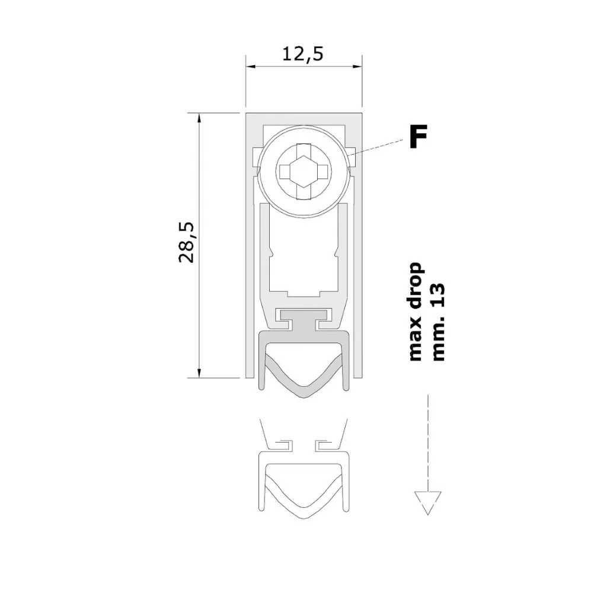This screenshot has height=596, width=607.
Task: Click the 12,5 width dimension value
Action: [x=302, y=54]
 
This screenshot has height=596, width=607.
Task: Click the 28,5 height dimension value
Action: [x=187, y=242]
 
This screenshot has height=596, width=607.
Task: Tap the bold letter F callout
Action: [x=418, y=136]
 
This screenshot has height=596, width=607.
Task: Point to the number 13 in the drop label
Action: [x=438, y=295]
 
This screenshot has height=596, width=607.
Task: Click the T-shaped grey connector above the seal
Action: [x=304, y=319]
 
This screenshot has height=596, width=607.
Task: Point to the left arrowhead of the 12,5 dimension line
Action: [x=251, y=66]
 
